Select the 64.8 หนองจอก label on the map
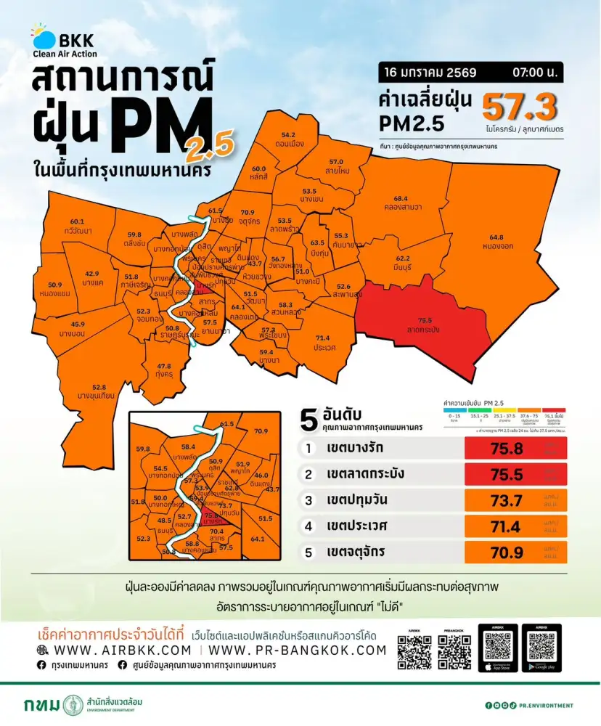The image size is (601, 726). pos(496,242)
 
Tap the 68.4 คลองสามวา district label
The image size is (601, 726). pos(407,203)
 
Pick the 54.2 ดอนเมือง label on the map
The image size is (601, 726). pos(288,139)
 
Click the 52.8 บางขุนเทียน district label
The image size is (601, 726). pos(99,391)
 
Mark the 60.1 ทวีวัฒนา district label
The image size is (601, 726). pos(78,225)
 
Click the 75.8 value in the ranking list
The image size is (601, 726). pos(506,449)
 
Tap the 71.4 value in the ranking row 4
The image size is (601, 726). pos(506,526)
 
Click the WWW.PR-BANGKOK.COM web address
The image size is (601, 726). pos(298,650)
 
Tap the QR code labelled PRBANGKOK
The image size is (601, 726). pos(454,651)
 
